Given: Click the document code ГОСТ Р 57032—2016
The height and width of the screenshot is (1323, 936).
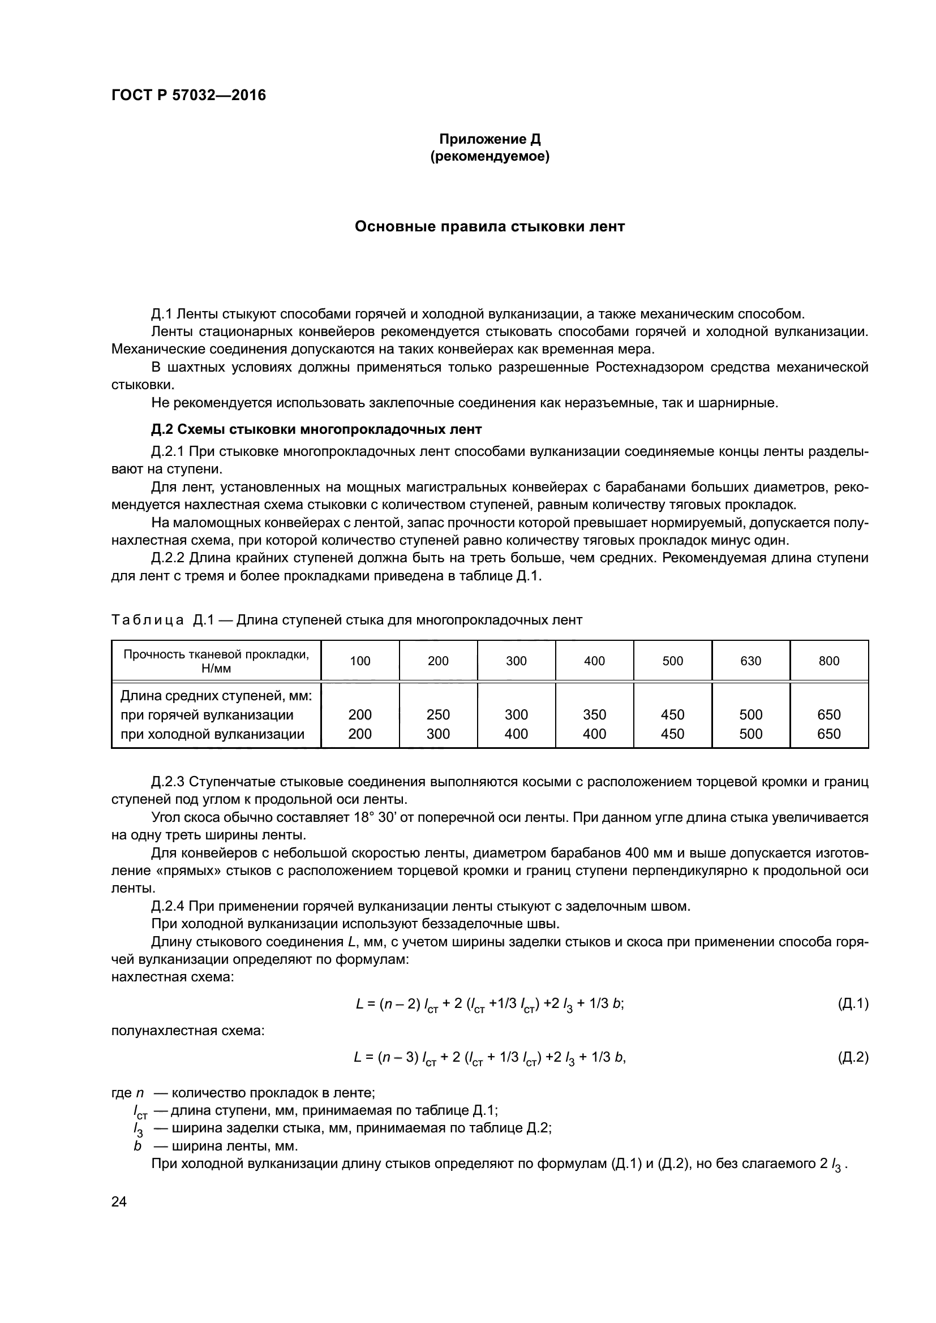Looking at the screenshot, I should click(188, 95).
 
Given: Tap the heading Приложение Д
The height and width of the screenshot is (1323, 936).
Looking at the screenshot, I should click(490, 139).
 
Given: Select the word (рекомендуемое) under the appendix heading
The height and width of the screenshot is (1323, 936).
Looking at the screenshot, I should click(490, 156).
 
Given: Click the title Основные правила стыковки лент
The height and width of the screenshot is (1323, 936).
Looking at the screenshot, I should click(490, 226).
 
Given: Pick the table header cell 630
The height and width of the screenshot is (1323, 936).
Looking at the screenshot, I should click(750, 661).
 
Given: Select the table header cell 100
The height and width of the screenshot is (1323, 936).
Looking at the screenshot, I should click(360, 661).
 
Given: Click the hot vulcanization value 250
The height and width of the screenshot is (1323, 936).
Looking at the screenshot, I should click(438, 714).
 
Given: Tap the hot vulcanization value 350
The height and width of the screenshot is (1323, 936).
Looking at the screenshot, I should click(594, 714).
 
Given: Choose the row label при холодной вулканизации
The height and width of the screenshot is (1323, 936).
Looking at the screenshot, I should click(212, 734).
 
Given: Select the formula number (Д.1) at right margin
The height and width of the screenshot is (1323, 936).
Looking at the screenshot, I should click(852, 1004).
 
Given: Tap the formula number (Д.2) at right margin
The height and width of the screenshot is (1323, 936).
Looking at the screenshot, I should click(852, 1057).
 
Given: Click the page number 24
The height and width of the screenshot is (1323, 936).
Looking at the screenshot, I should click(119, 1202).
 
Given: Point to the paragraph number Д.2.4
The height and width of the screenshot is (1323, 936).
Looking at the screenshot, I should click(167, 906).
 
